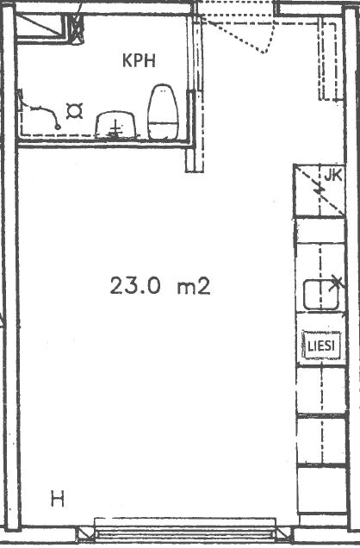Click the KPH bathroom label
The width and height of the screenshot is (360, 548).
point(139,61)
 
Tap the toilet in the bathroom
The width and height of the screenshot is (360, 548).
point(163,112)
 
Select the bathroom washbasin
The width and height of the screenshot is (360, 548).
point(115,125)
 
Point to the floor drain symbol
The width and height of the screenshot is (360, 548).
point(74,111)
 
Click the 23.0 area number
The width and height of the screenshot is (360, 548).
point(135,285)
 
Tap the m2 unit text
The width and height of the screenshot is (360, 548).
point(194,286)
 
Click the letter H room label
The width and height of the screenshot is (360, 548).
point(58,499)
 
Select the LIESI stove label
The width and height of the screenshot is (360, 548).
point(321,346)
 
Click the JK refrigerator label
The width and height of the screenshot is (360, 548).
point(332,176)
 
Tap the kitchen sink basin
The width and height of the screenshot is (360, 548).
point(321,295)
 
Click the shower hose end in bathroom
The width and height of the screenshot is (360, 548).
point(58,127)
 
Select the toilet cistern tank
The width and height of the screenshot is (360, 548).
point(163,131)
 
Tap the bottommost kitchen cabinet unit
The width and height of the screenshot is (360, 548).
point(321,490)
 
